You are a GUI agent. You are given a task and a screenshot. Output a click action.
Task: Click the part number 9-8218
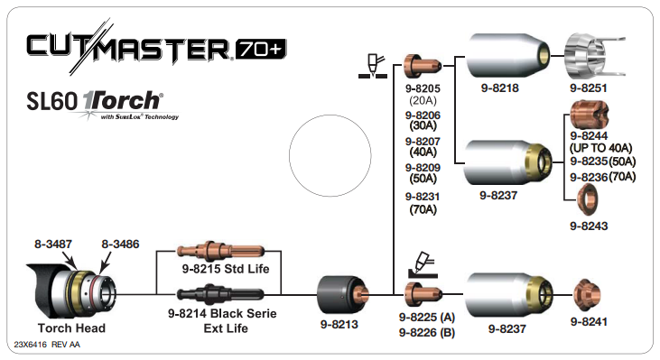click(x=499, y=88)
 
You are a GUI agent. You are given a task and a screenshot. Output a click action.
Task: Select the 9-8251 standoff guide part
click(x=594, y=56)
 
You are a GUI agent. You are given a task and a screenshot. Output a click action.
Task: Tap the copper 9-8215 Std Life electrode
click(x=220, y=251)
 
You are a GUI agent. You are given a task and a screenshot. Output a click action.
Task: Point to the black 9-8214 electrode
click(x=220, y=294)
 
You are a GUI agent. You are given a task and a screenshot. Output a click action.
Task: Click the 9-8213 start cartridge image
click(x=343, y=296)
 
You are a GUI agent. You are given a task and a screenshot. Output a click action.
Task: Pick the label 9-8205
click(x=423, y=88)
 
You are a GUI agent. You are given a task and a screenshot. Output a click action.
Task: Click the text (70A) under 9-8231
click(x=423, y=209)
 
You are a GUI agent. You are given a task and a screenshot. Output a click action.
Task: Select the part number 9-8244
click(x=589, y=136)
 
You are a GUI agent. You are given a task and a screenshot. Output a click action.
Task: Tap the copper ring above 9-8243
click(x=588, y=199)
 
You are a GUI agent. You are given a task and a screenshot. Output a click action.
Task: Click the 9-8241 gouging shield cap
click(x=587, y=295)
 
